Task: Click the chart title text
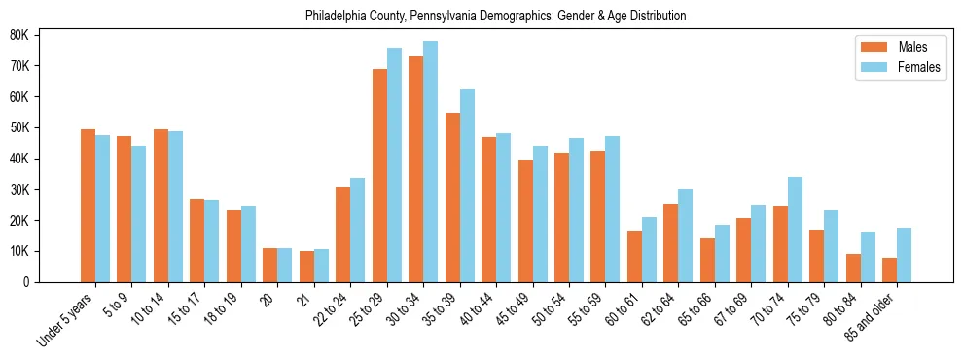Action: pos(495,17)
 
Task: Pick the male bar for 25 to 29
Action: pos(379,175)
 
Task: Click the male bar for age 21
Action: pos(306,267)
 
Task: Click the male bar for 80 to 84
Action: pos(853,268)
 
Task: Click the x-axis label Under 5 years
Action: pos(67,317)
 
